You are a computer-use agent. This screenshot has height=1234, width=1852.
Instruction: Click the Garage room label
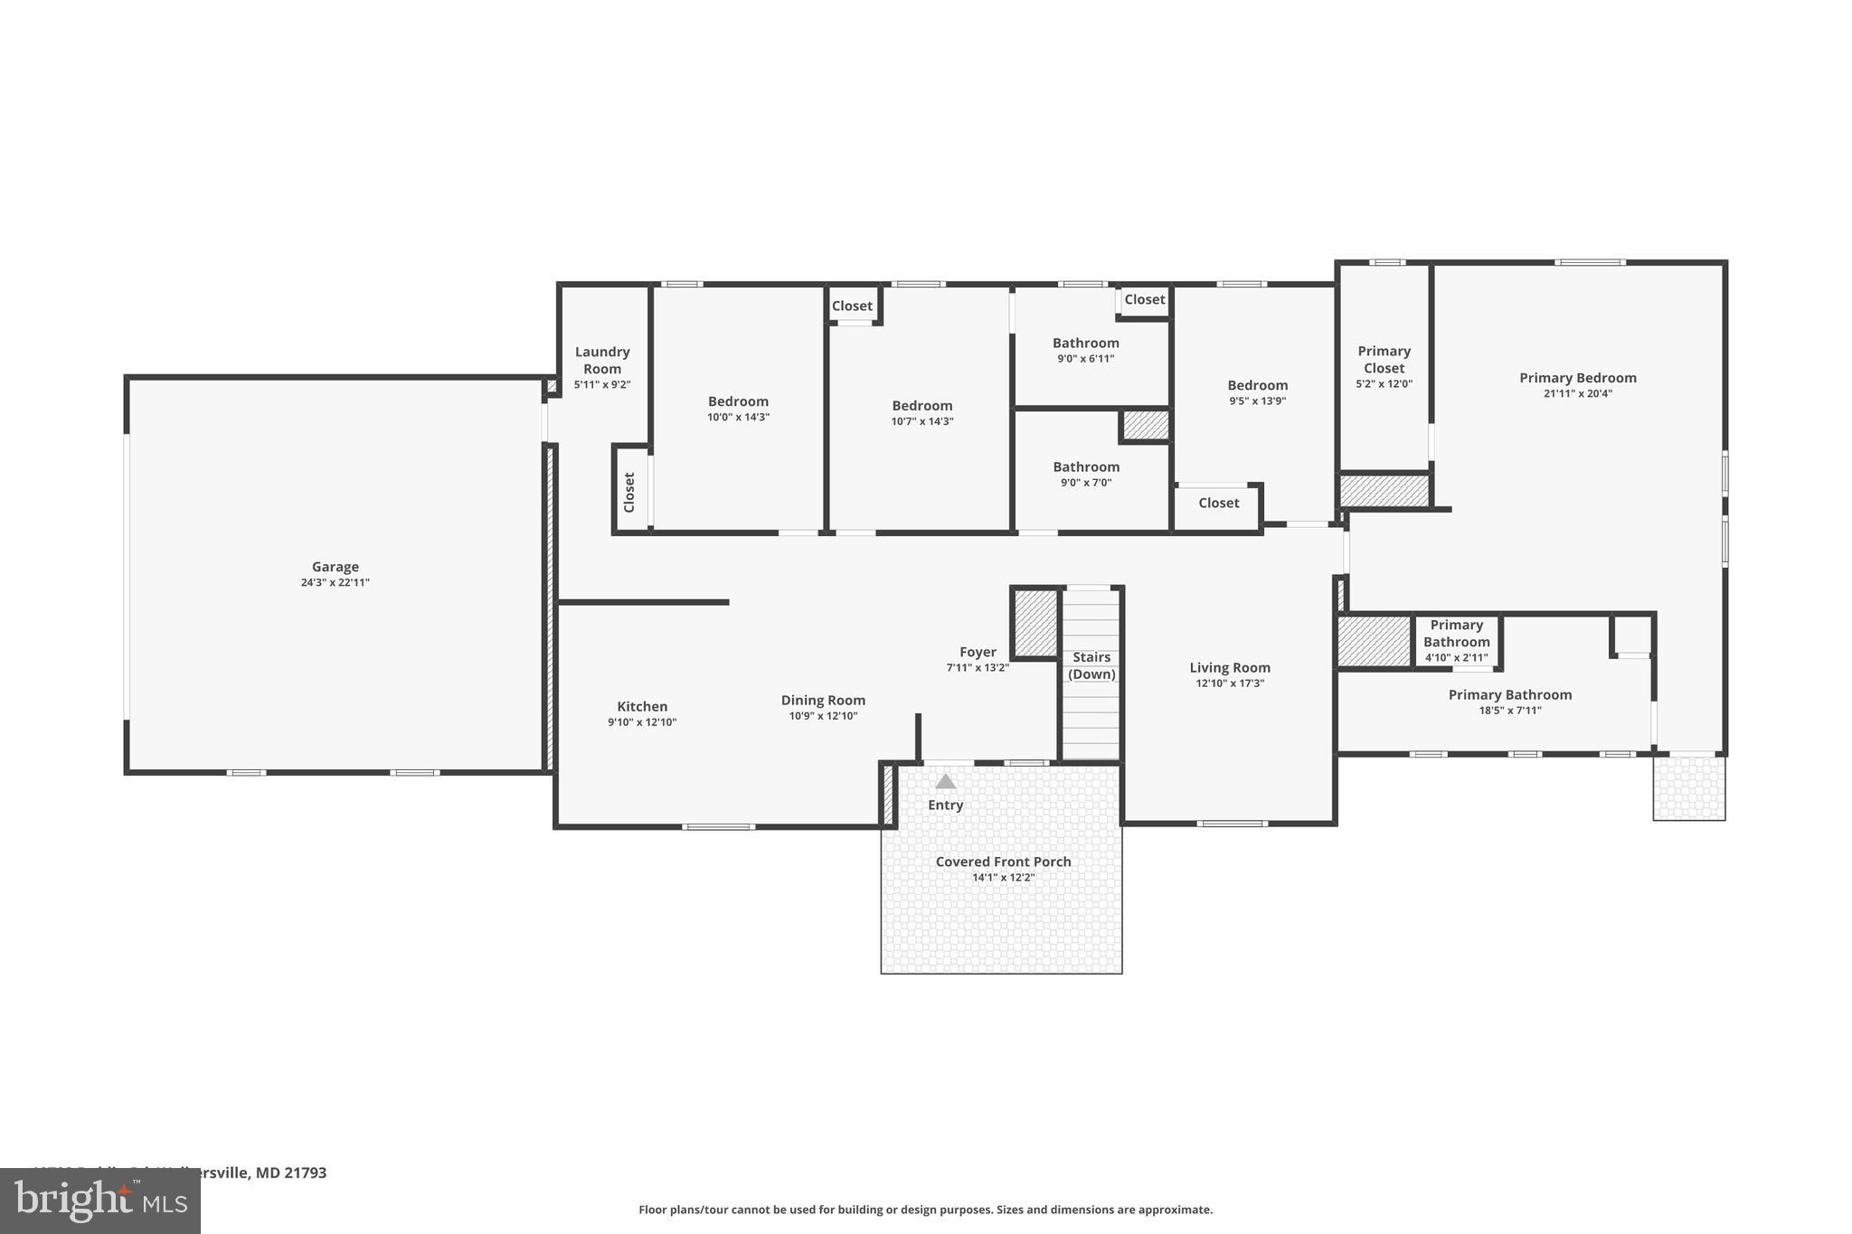click(335, 567)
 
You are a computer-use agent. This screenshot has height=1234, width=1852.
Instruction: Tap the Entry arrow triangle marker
click(945, 782)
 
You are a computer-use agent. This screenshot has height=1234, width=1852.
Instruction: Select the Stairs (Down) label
click(1091, 665)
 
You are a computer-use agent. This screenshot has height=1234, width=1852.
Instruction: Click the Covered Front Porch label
click(1003, 862)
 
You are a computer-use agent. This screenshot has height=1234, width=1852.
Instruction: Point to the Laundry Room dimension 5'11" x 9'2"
click(602, 384)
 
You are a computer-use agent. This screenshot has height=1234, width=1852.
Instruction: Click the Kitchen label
click(642, 707)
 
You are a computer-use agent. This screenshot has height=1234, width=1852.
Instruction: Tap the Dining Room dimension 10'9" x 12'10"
click(823, 716)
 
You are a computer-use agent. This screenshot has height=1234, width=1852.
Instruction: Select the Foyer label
click(978, 652)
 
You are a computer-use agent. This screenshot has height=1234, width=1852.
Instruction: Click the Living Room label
click(1230, 668)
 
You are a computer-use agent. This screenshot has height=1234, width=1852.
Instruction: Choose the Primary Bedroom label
click(1578, 378)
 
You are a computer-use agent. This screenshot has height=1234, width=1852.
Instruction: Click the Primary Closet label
click(1384, 359)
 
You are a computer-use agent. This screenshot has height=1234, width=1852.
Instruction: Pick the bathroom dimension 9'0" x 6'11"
click(1086, 359)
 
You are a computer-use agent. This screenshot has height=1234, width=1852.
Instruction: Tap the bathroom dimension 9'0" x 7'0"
click(1086, 483)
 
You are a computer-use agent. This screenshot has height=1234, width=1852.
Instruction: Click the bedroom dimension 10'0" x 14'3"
click(738, 417)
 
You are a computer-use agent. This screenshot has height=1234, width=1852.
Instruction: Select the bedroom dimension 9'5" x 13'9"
click(1257, 400)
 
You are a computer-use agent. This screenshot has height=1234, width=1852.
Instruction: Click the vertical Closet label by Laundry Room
click(629, 492)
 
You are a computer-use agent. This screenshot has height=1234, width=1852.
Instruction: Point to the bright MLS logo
click(99, 1201)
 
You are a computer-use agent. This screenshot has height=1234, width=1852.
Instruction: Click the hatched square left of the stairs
click(1035, 622)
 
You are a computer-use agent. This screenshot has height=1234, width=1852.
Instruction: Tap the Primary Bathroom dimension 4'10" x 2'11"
click(1456, 657)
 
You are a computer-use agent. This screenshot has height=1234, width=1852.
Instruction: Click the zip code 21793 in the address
click(306, 1173)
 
